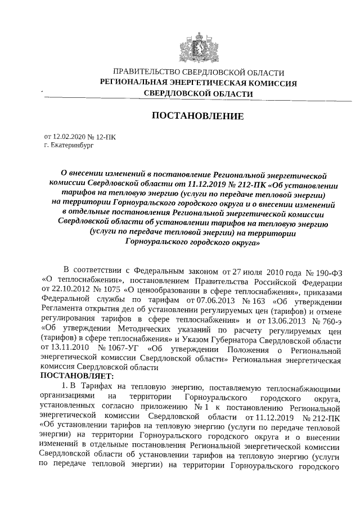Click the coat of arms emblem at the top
(x=191, y=45)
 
